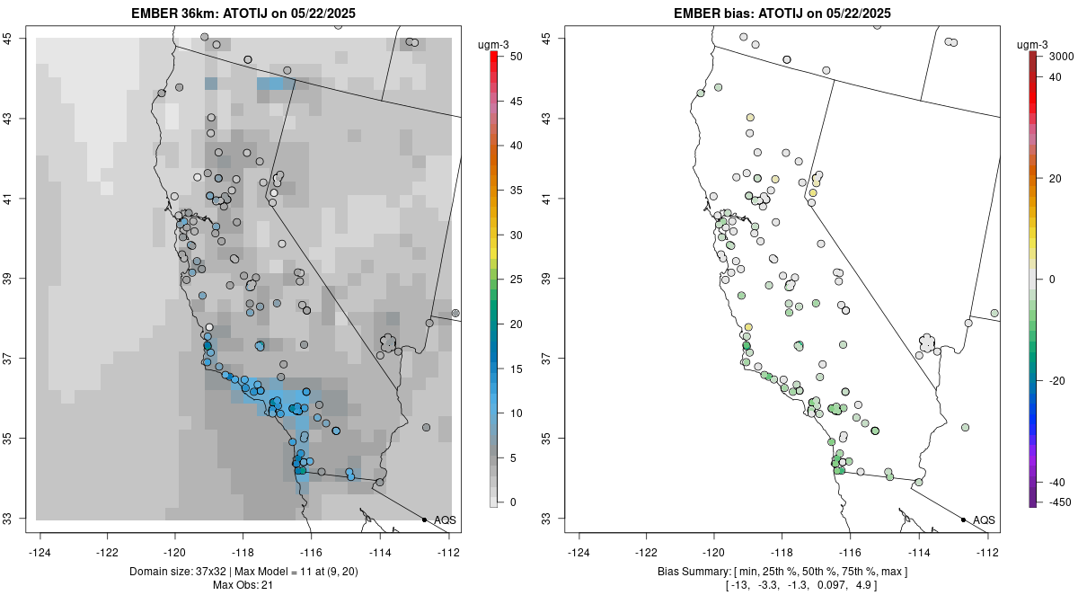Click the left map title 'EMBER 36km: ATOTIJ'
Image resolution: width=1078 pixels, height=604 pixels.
pos(192,13)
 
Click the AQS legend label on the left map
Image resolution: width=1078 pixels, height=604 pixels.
pos(445,520)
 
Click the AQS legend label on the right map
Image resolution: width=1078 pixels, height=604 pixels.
pos(984,520)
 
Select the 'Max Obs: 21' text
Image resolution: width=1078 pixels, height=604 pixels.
pos(243,586)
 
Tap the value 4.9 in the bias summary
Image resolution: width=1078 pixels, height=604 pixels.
pos(867,586)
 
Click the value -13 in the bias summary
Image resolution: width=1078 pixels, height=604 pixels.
pos(738,586)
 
